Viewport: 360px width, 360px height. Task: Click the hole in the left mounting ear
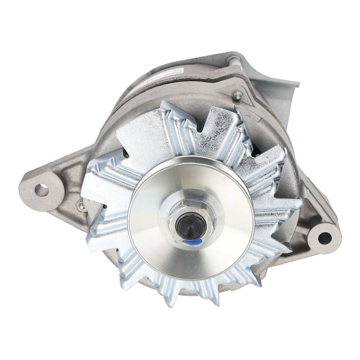(x=41, y=190)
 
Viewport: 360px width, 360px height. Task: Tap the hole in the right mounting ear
(x=324, y=231)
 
